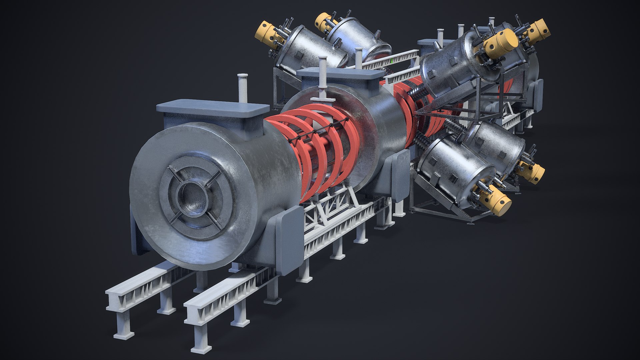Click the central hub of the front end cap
tap(192, 197)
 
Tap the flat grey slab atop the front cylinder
tap(213, 107)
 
